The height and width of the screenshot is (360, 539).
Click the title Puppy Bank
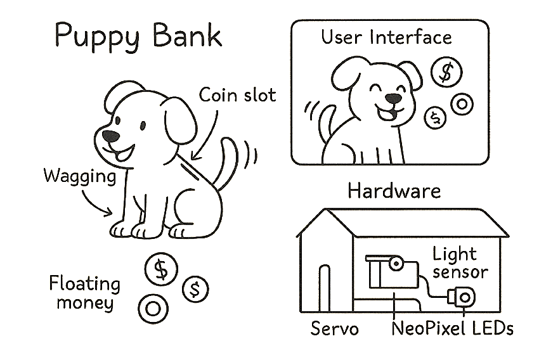[138, 35]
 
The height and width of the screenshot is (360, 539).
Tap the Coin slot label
[237, 95]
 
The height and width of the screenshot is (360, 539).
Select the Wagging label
[80, 176]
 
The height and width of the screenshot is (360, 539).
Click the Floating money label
[84, 293]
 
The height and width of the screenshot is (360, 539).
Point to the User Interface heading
[386, 37]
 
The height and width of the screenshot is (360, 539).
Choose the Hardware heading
[394, 191]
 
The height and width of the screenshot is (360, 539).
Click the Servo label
[335, 329]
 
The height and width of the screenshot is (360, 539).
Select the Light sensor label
[460, 263]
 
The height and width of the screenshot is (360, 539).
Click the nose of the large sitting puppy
[111, 136]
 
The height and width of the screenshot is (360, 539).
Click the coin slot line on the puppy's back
[189, 170]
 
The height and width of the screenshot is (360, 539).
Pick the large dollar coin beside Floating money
[162, 270]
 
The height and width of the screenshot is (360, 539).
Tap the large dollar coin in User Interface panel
[446, 72]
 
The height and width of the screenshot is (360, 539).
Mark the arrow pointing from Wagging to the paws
[98, 203]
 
